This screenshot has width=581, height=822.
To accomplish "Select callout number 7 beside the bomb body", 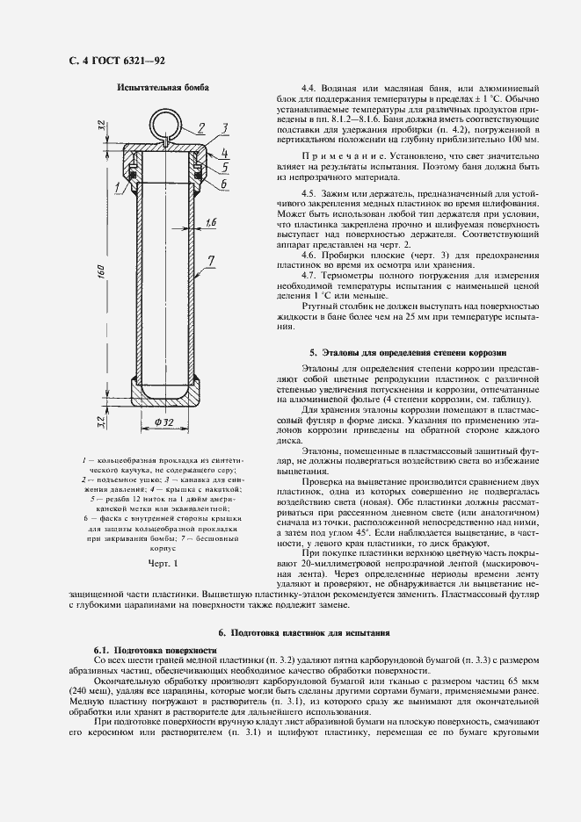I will tap(211, 260).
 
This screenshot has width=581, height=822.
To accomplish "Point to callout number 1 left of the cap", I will tap(117, 188).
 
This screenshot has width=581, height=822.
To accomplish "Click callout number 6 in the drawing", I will tap(224, 184).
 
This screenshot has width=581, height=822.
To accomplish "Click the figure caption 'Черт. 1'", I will tap(163, 562).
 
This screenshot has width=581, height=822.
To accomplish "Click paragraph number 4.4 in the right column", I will tap(309, 89).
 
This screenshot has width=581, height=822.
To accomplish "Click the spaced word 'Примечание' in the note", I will tap(339, 155).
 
